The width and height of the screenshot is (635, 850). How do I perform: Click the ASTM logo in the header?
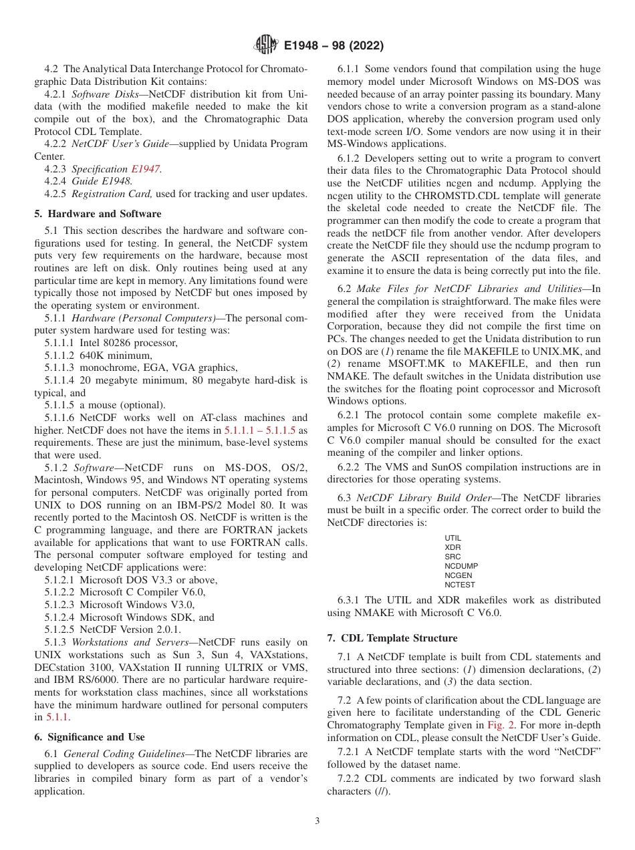(x=267, y=45)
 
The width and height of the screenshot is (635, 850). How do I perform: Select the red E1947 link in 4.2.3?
(x=145, y=169)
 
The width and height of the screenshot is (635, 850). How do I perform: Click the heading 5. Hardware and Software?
(x=98, y=214)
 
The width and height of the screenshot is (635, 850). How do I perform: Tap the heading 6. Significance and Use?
(x=89, y=737)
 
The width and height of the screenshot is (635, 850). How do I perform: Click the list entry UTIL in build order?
(x=453, y=538)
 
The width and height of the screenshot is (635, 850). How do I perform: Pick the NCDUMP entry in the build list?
(x=461, y=566)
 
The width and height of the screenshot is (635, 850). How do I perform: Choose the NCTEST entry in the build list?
(x=460, y=585)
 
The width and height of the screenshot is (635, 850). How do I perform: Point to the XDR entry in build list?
(x=453, y=547)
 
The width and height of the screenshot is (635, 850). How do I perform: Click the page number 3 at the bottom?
(x=317, y=821)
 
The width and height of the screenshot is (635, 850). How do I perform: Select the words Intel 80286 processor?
(x=128, y=343)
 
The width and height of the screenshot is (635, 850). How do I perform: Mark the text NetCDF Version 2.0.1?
(x=130, y=629)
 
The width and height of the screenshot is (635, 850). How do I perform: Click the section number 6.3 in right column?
(x=344, y=497)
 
